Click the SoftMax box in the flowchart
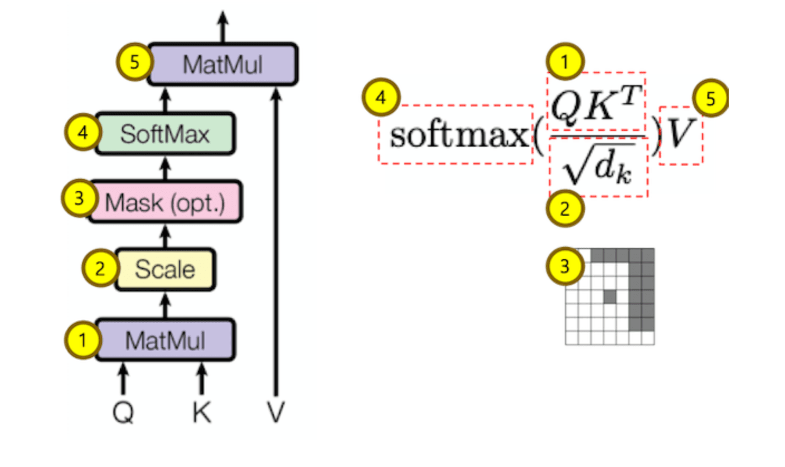click(166, 134)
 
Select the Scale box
click(165, 270)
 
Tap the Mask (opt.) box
click(165, 202)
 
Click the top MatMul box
click(223, 64)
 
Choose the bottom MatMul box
click(165, 339)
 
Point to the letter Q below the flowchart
click(123, 413)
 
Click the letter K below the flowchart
click(202, 413)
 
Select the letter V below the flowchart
click(275, 413)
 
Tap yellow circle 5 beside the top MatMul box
click(134, 62)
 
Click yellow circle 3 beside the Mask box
click(79, 199)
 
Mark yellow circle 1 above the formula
click(565, 63)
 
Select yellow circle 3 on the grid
click(565, 266)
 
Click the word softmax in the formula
click(457, 135)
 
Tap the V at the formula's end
click(680, 135)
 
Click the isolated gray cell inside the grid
click(610, 296)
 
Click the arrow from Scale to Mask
click(165, 236)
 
